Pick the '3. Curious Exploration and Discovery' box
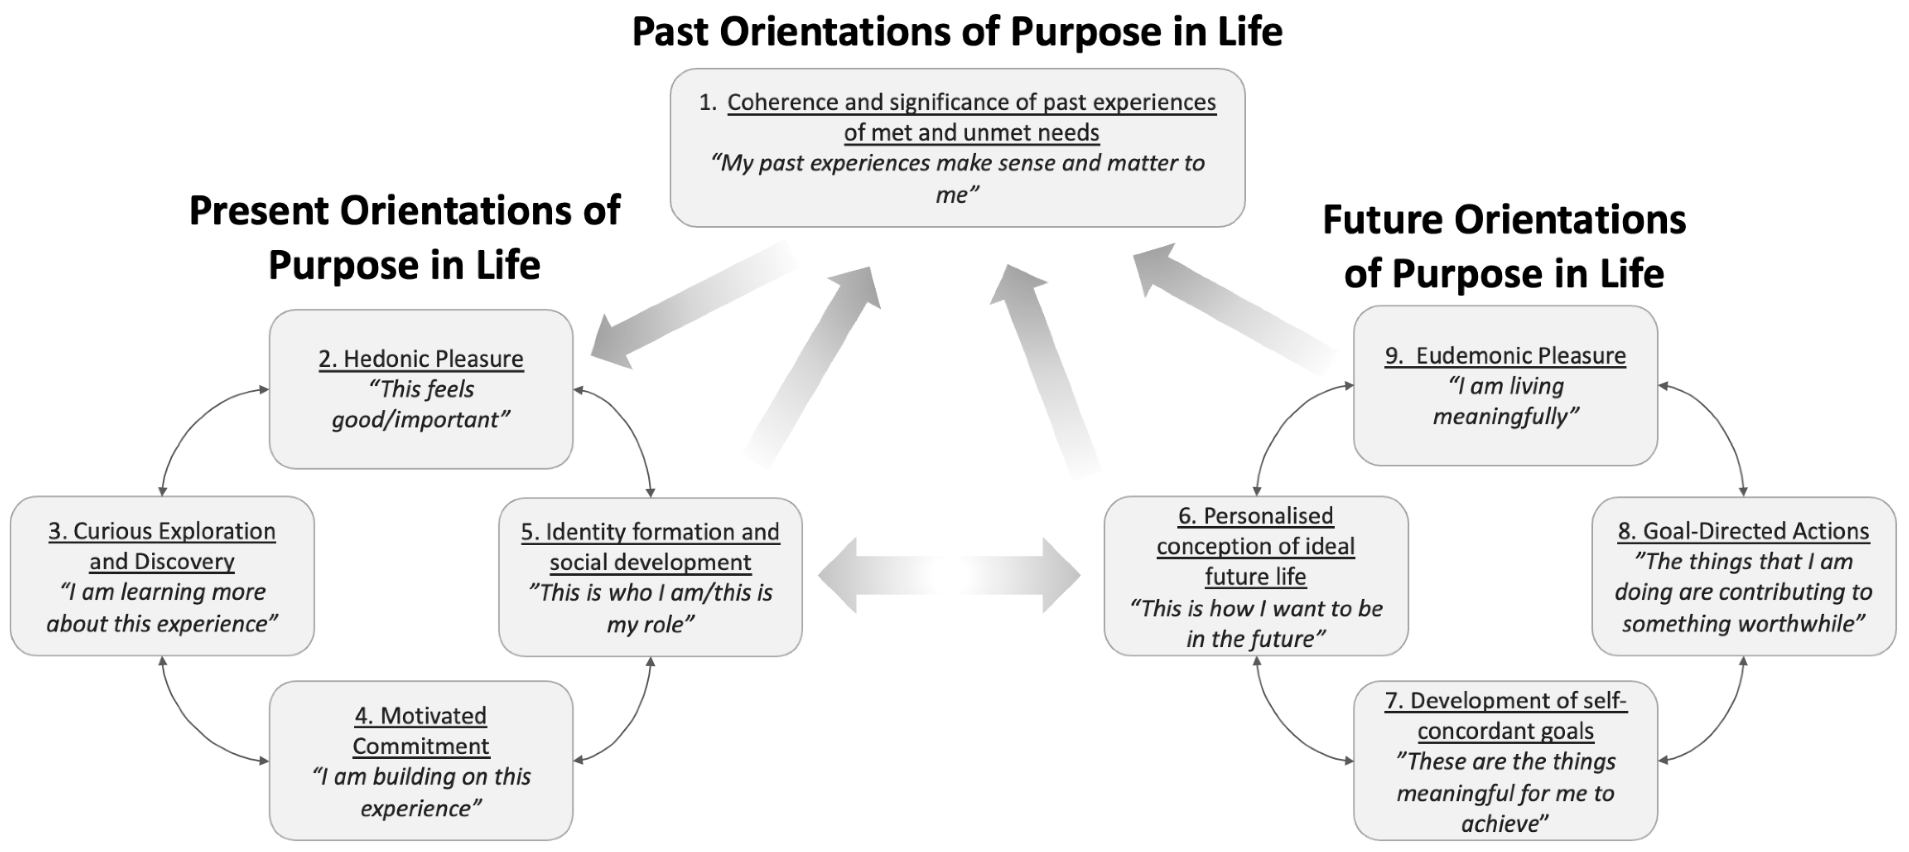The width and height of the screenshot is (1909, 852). pos(162,576)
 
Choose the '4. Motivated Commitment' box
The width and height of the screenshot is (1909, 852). pos(421,761)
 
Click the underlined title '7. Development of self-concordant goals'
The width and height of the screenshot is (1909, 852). pos(1506,716)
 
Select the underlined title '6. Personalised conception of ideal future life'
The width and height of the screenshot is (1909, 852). pos(1256,546)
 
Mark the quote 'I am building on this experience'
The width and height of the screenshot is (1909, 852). pos(421,792)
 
